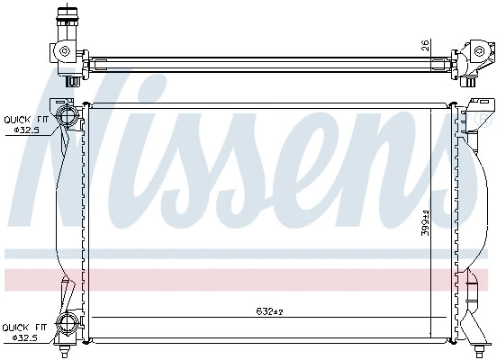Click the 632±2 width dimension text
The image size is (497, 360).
pos(269,311)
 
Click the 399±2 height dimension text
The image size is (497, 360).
pos(425,223)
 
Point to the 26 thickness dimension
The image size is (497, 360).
pos(425,45)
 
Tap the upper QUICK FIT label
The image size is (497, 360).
pos(27,120)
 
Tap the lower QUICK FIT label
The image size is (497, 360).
pos(24,328)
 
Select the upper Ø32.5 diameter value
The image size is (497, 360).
pos(27,130)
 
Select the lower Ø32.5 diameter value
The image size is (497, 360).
pos(24,337)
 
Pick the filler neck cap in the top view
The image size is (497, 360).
pos(67,14)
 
